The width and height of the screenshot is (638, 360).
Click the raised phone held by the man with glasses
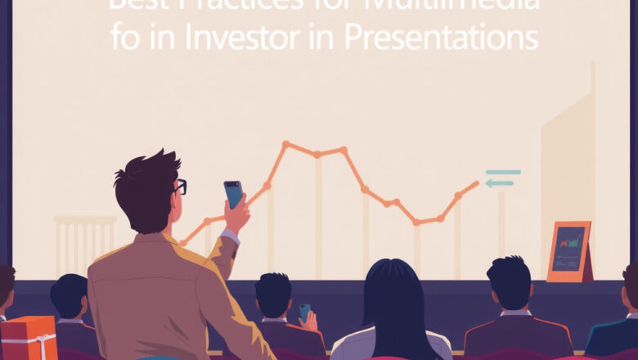[233, 194]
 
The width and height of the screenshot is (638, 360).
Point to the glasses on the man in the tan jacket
[180, 187]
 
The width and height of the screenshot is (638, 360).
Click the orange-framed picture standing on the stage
[568, 251]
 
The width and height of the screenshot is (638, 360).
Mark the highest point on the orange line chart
[285, 144]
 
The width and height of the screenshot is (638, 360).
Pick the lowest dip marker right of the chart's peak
[416, 222]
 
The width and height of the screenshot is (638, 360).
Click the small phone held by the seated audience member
[304, 313]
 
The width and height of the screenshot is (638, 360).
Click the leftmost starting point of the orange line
[182, 243]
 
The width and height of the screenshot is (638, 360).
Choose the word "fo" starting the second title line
[125, 39]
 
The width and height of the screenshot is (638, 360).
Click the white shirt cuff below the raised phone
[231, 236]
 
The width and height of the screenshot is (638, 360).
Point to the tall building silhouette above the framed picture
[568, 155]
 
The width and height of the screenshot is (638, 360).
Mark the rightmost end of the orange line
[478, 183]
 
